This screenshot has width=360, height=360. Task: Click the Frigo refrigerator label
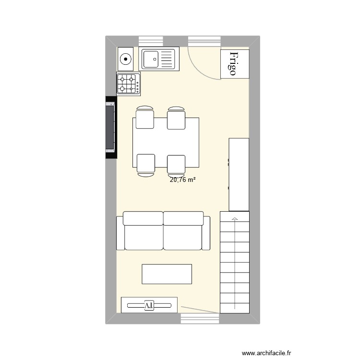click(235, 64)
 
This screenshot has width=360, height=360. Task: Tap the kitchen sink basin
click(151, 60)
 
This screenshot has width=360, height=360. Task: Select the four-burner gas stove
click(129, 84)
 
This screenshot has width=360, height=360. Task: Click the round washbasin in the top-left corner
click(126, 60)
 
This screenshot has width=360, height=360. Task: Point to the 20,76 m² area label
click(182, 180)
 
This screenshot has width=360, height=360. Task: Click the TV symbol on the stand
click(149, 305)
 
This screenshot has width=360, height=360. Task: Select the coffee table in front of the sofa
click(167, 274)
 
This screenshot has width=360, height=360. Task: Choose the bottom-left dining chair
click(145, 164)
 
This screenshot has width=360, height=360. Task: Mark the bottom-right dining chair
click(177, 165)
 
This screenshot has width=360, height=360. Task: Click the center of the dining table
click(166, 142)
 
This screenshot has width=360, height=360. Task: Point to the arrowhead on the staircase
click(235, 219)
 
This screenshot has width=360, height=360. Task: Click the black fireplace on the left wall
click(110, 128)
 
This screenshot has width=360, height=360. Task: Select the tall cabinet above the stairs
click(239, 174)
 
